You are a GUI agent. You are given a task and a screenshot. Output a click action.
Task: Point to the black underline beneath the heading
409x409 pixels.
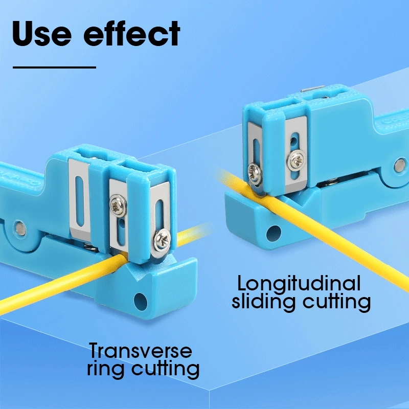54,67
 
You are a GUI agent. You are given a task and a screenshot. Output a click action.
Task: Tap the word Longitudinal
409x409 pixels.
299,283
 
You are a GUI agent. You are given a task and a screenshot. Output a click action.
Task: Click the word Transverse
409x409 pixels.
141,351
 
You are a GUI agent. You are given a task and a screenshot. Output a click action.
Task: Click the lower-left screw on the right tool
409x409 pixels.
255,171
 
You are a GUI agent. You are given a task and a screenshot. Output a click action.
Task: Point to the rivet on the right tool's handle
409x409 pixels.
400,164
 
